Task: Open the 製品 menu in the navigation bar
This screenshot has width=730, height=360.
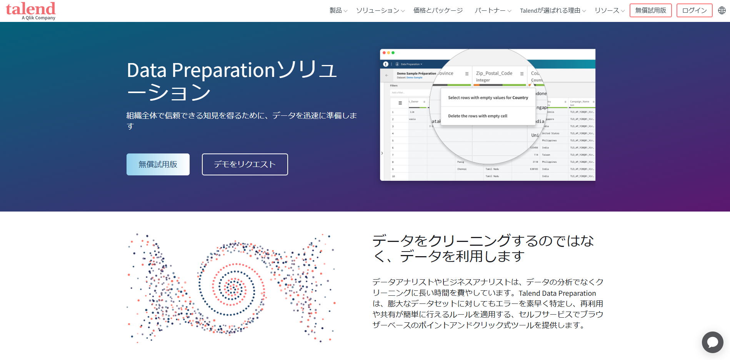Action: (x=338, y=10)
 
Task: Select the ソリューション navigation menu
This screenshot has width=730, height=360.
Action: (x=380, y=10)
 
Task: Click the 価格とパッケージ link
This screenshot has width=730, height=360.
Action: (x=438, y=10)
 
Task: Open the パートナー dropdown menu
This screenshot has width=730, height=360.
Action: (x=492, y=10)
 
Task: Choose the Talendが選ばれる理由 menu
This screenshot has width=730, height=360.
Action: (x=552, y=10)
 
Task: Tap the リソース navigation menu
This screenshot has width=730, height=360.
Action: (x=609, y=10)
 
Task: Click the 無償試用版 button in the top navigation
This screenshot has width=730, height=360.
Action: (x=650, y=10)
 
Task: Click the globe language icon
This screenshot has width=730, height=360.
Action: (x=722, y=10)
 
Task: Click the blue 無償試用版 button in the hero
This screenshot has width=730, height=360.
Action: (x=158, y=164)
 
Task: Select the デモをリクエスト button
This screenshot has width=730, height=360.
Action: (x=245, y=164)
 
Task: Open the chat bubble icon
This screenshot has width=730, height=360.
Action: (x=712, y=342)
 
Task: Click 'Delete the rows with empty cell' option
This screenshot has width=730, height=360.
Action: (x=477, y=116)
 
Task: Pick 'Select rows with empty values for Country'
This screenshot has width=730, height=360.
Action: (x=488, y=98)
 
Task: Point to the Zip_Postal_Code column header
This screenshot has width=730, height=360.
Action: (x=494, y=73)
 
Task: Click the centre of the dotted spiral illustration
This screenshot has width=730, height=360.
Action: (x=232, y=287)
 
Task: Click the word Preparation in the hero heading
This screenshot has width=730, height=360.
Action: (x=223, y=70)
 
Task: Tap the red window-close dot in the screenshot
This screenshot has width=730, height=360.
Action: (x=384, y=53)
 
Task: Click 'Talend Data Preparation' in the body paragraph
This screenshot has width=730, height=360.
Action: (x=557, y=293)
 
